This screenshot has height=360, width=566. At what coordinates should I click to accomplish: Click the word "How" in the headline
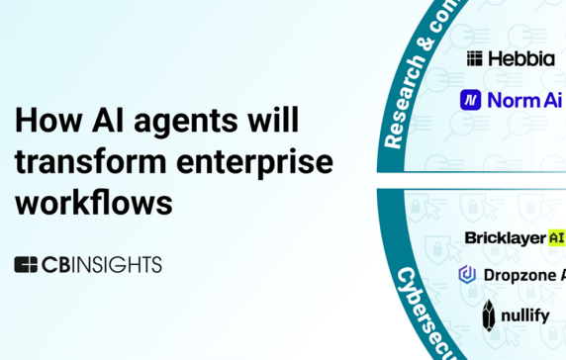[43, 123]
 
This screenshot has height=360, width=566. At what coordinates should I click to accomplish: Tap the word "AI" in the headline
[97, 123]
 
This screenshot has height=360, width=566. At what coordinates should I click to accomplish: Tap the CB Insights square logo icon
[26, 264]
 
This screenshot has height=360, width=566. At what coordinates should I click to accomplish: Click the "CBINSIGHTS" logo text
[101, 264]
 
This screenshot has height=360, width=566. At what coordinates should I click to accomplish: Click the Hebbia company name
[520, 58]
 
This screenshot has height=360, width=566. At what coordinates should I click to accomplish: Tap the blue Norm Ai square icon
[471, 100]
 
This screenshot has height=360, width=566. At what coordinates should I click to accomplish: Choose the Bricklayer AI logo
[515, 238]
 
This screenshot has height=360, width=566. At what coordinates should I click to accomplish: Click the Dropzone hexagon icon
[468, 274]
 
